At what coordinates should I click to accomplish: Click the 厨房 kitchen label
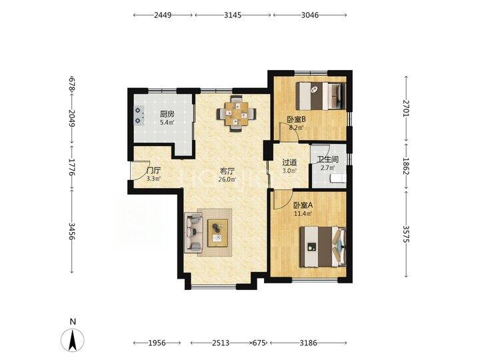coord(167,115)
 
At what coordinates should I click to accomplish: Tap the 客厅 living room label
coord(227,171)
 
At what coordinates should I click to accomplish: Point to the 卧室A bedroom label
coord(303,206)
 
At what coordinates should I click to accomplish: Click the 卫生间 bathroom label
coord(327,160)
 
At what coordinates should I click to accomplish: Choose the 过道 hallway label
coord(289,163)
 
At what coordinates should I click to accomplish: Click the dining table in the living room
coord(236,113)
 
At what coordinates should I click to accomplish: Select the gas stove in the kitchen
coord(139,115)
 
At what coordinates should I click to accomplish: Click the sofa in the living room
coord(193,233)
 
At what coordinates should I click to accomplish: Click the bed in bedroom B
coord(321,96)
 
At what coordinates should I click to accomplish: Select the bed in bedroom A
coord(323,247)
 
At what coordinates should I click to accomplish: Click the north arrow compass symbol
coord(73,340)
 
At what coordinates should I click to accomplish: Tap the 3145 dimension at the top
coord(233,15)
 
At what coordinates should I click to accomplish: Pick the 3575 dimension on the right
coord(406,234)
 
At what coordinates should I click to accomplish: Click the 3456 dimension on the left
coord(71,231)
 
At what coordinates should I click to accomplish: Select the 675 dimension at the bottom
coord(259,343)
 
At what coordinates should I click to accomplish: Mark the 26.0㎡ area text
coord(227,180)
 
